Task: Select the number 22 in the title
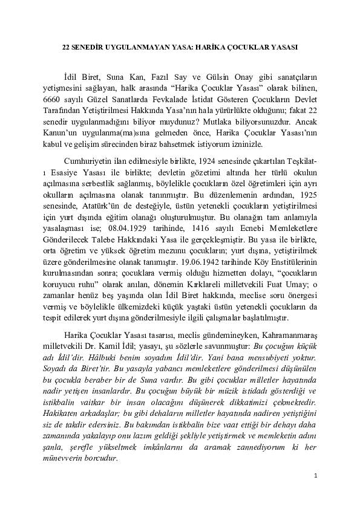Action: point(67,46)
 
